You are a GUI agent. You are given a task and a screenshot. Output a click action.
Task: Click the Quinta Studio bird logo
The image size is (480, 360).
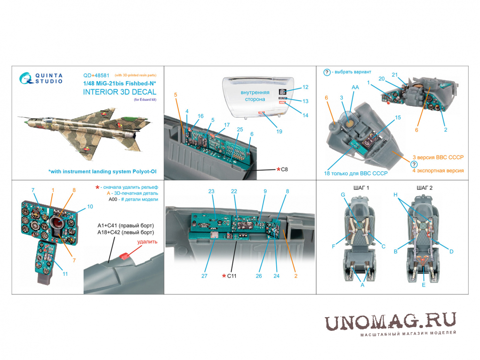pos(26,78)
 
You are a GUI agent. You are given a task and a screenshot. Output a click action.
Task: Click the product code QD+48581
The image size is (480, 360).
pos(96,75)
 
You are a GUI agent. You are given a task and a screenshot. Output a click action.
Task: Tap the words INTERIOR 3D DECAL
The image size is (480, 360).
pos(120,92)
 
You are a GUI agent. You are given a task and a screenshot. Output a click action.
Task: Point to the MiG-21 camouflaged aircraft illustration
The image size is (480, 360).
pos(85,132)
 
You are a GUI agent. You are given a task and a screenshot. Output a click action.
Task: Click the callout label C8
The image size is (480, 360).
pos(284,169)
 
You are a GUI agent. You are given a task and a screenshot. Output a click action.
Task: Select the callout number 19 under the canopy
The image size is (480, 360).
pos(279,132)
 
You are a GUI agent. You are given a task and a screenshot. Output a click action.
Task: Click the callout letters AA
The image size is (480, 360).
pos(355,87)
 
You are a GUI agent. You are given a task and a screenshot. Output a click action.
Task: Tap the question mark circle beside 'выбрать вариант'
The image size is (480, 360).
pos(327,72)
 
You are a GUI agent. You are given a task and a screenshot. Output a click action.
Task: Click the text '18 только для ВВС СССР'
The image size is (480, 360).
pos(356,173)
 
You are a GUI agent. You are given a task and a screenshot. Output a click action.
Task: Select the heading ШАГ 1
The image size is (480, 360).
pos(361,188)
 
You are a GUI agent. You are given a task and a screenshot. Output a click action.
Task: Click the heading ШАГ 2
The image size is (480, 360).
pos(424,188)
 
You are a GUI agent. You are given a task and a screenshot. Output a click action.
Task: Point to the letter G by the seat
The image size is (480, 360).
pos(343,195)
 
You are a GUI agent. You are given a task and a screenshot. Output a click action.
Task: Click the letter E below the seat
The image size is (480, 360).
pos(424,285)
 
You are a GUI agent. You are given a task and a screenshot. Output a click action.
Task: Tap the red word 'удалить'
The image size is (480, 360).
pos(147,242)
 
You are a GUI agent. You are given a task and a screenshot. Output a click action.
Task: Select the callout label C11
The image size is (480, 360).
pos(232,276)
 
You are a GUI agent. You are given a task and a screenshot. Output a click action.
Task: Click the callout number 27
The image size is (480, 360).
pos(204,276)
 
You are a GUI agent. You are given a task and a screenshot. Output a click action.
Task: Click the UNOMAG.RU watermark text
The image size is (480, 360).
pos(390,321)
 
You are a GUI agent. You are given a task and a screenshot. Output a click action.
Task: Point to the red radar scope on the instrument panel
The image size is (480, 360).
pos(58,224)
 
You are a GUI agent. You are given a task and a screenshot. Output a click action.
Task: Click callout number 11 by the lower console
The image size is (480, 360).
pos(65,274)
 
